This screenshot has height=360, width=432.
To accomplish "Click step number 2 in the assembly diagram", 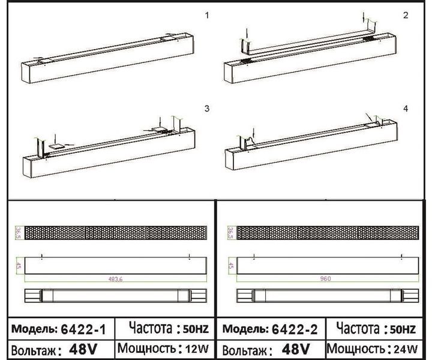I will point(406,15).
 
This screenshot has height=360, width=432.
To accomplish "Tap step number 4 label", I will point(406,109).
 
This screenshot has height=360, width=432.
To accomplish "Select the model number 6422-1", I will point(83,329).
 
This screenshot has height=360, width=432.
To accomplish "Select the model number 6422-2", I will point(295,329).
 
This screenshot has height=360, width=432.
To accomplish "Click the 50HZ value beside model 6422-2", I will point(402,329).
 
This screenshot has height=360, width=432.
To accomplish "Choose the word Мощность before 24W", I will point(355,349).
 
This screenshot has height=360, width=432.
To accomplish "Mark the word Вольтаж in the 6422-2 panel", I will point(245,350).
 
